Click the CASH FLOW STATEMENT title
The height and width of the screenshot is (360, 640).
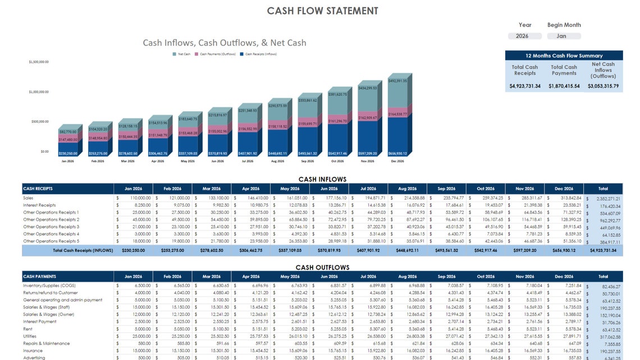pyautogui.click(x=322, y=11)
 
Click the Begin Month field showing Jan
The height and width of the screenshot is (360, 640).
pyautogui.click(x=561, y=36)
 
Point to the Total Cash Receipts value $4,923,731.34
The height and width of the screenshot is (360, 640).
pyautogui.click(x=525, y=86)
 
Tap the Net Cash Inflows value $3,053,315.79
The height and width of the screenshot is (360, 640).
pyautogui.click(x=603, y=86)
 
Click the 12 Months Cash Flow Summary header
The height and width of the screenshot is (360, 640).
pyautogui.click(x=564, y=56)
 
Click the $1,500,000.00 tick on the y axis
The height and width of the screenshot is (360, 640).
pyautogui.click(x=39, y=62)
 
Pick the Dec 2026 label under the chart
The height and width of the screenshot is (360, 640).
pyautogui.click(x=397, y=161)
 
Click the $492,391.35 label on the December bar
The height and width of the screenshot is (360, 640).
pyautogui.click(x=397, y=81)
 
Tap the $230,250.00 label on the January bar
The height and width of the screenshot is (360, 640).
pyautogui.click(x=68, y=153)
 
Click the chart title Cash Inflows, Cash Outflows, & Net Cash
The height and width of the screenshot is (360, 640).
pyautogui.click(x=225, y=43)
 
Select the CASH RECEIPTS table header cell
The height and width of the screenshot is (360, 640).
pyautogui.click(x=68, y=189)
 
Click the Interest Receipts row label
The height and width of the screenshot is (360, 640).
pyautogui.click(x=39, y=205)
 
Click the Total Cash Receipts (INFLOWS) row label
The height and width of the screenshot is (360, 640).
pyautogui.click(x=83, y=250)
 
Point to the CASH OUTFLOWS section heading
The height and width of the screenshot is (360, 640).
pyautogui.click(x=322, y=267)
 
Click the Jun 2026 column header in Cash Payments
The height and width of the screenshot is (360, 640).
pyautogui.click(x=329, y=276)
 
